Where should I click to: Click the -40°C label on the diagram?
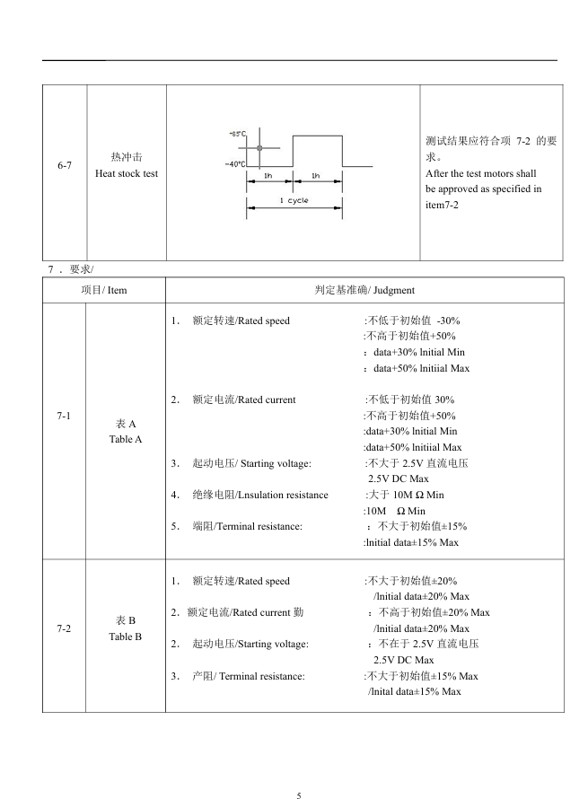[236, 164]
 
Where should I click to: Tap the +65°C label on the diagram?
[238, 133]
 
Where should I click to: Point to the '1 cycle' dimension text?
[294, 201]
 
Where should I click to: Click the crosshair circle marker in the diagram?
[260, 147]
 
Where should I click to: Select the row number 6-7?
[65, 166]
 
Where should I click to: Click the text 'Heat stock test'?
[127, 173]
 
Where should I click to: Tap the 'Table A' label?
[127, 439]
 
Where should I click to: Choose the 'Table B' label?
[127, 637]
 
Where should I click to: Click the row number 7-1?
[65, 416]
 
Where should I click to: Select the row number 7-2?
[65, 628]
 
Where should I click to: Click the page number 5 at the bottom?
[299, 795]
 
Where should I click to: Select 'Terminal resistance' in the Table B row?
[261, 676]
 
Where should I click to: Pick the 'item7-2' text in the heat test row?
[443, 206]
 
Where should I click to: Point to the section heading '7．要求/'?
[70, 269]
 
